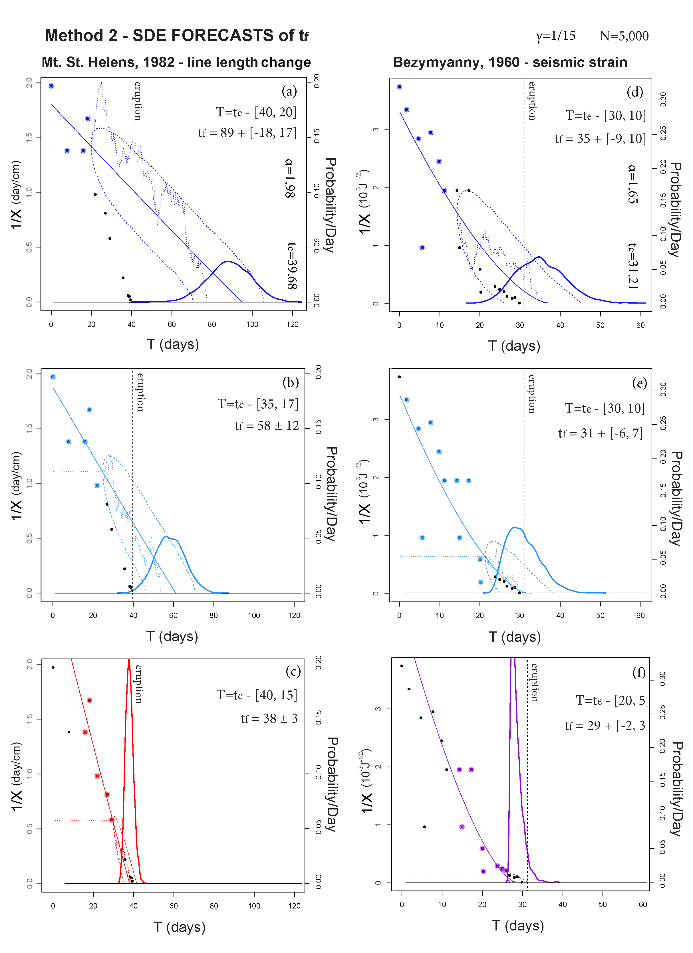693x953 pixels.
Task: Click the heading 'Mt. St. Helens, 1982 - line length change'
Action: coord(176,62)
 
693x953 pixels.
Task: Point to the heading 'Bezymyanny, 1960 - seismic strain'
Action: coord(510,62)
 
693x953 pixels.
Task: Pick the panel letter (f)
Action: coord(639,673)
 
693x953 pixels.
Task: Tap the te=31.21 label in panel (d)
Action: coord(633,266)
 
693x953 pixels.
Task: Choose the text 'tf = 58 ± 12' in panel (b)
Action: coord(267,426)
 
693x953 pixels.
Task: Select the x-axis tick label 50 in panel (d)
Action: coord(600,325)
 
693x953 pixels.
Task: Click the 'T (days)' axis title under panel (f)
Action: coord(518,925)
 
